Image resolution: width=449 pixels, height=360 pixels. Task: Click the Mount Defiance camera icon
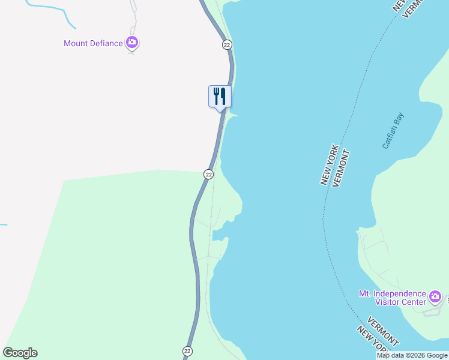pyautogui.click(x=132, y=43)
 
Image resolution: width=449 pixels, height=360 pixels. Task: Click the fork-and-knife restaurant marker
pyautogui.click(x=220, y=96)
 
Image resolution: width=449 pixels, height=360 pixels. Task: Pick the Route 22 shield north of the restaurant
pyautogui.click(x=226, y=45)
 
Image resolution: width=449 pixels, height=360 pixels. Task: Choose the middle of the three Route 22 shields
pyautogui.click(x=208, y=174)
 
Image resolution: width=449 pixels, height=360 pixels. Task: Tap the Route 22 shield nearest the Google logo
pyautogui.click(x=187, y=350)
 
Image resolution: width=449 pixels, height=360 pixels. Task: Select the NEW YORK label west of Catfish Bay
pyautogui.click(x=330, y=164)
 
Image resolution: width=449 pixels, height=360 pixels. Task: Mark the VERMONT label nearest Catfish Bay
pyautogui.click(x=340, y=169)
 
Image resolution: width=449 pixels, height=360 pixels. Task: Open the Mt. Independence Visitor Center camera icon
pyautogui.click(x=435, y=296)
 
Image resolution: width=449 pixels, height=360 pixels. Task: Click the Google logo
pyautogui.click(x=20, y=353)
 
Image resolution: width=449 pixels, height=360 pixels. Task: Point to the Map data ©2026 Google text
pyautogui.click(x=412, y=355)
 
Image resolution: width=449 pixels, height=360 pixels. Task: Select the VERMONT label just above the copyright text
pyautogui.click(x=382, y=331)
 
